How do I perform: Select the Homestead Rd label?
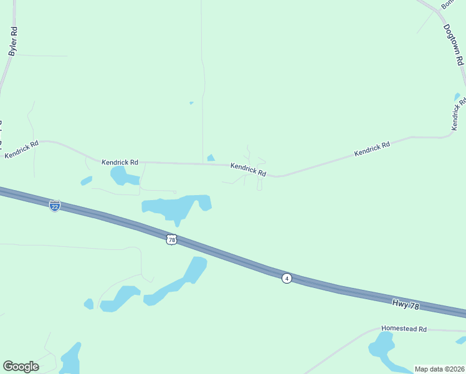click(x=404, y=328)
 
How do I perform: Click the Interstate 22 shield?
click(x=55, y=205)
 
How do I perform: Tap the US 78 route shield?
click(x=172, y=239)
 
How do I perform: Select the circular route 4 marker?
click(x=286, y=278)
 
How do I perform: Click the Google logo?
click(x=21, y=367)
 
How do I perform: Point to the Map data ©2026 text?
click(x=439, y=369)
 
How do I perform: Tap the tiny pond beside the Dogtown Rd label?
click(x=457, y=97)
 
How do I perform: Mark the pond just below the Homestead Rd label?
click(x=381, y=345)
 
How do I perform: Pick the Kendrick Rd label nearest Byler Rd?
click(x=22, y=149)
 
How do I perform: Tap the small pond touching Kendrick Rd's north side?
click(x=211, y=158)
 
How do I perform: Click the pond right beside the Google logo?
click(x=70, y=358)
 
